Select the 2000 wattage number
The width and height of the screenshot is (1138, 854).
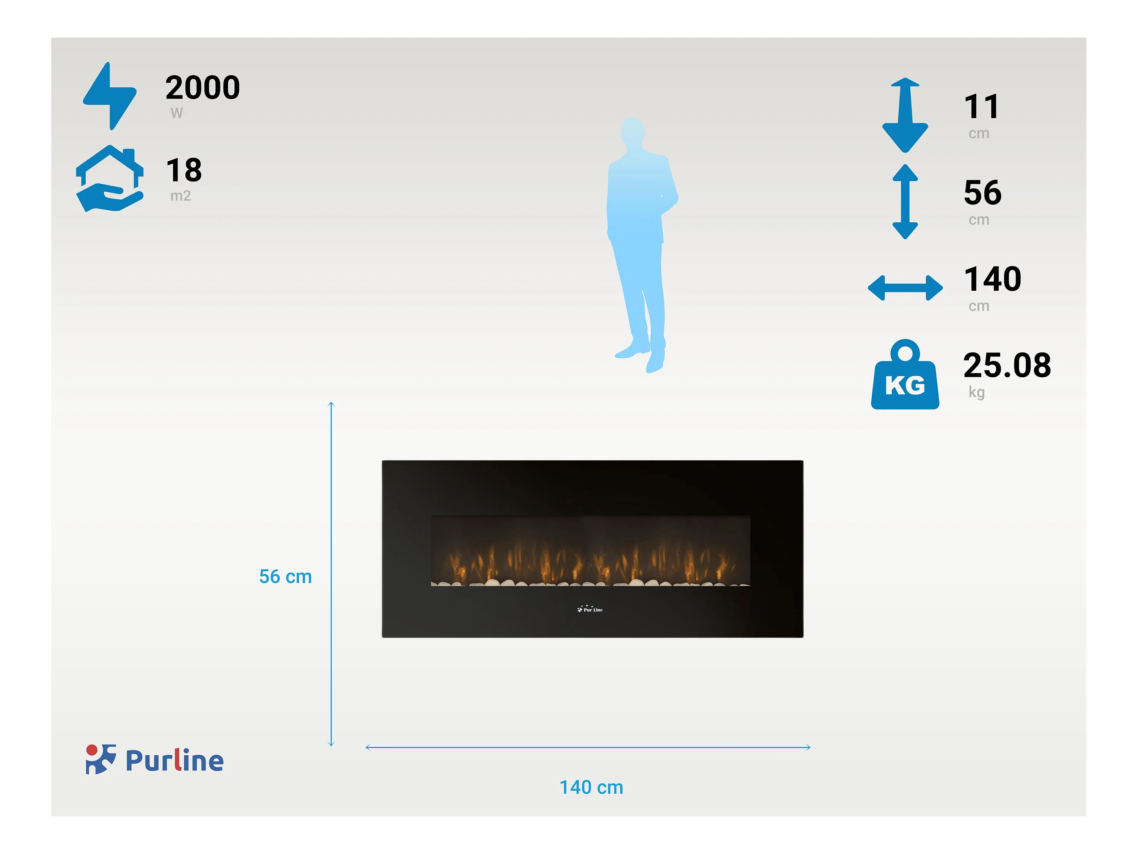pyautogui.click(x=203, y=88)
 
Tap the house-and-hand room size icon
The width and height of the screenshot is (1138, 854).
pyautogui.click(x=110, y=179)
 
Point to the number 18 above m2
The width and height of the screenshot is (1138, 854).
pyautogui.click(x=184, y=170)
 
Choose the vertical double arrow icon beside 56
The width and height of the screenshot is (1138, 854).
pyautogui.click(x=905, y=201)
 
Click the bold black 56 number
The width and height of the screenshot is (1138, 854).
pyautogui.click(x=982, y=192)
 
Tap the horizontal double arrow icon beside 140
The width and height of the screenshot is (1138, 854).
pyautogui.click(x=905, y=288)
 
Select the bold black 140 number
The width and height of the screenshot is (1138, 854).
pyautogui.click(x=992, y=279)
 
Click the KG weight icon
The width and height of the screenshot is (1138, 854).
pyautogui.click(x=905, y=374)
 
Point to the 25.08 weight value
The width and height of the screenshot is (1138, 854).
pyautogui.click(x=1007, y=366)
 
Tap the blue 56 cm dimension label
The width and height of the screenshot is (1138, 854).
pyautogui.click(x=286, y=577)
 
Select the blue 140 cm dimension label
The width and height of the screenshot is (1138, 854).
pyautogui.click(x=591, y=787)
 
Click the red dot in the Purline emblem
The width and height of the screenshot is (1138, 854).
pyautogui.click(x=91, y=750)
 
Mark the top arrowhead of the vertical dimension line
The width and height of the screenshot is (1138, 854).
pyautogui.click(x=331, y=405)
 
